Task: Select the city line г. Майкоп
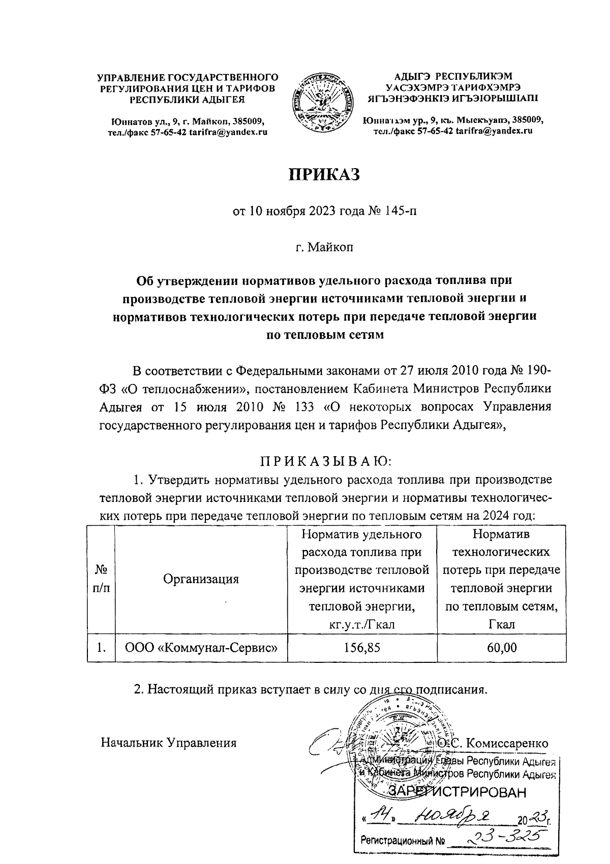[324, 248]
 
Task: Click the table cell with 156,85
[361, 648]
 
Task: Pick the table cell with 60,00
[501, 648]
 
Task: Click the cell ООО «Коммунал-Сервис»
[201, 648]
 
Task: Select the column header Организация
[201, 579]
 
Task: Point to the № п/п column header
[101, 579]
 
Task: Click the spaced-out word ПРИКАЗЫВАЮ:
[326, 462]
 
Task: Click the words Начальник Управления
[169, 743]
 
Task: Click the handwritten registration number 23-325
[502, 838]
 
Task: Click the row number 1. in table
[101, 648]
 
